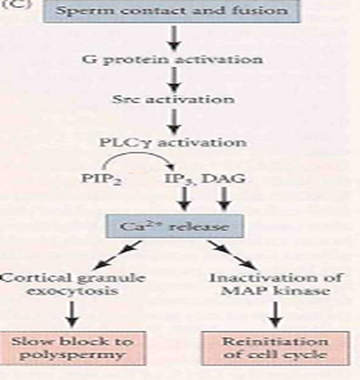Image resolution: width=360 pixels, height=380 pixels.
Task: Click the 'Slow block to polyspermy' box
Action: pyautogui.click(x=73, y=348)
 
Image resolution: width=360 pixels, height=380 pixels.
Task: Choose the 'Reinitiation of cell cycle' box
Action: pyautogui.click(x=275, y=348)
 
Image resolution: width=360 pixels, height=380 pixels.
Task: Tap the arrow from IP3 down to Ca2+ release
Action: pyautogui.click(x=184, y=199)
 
